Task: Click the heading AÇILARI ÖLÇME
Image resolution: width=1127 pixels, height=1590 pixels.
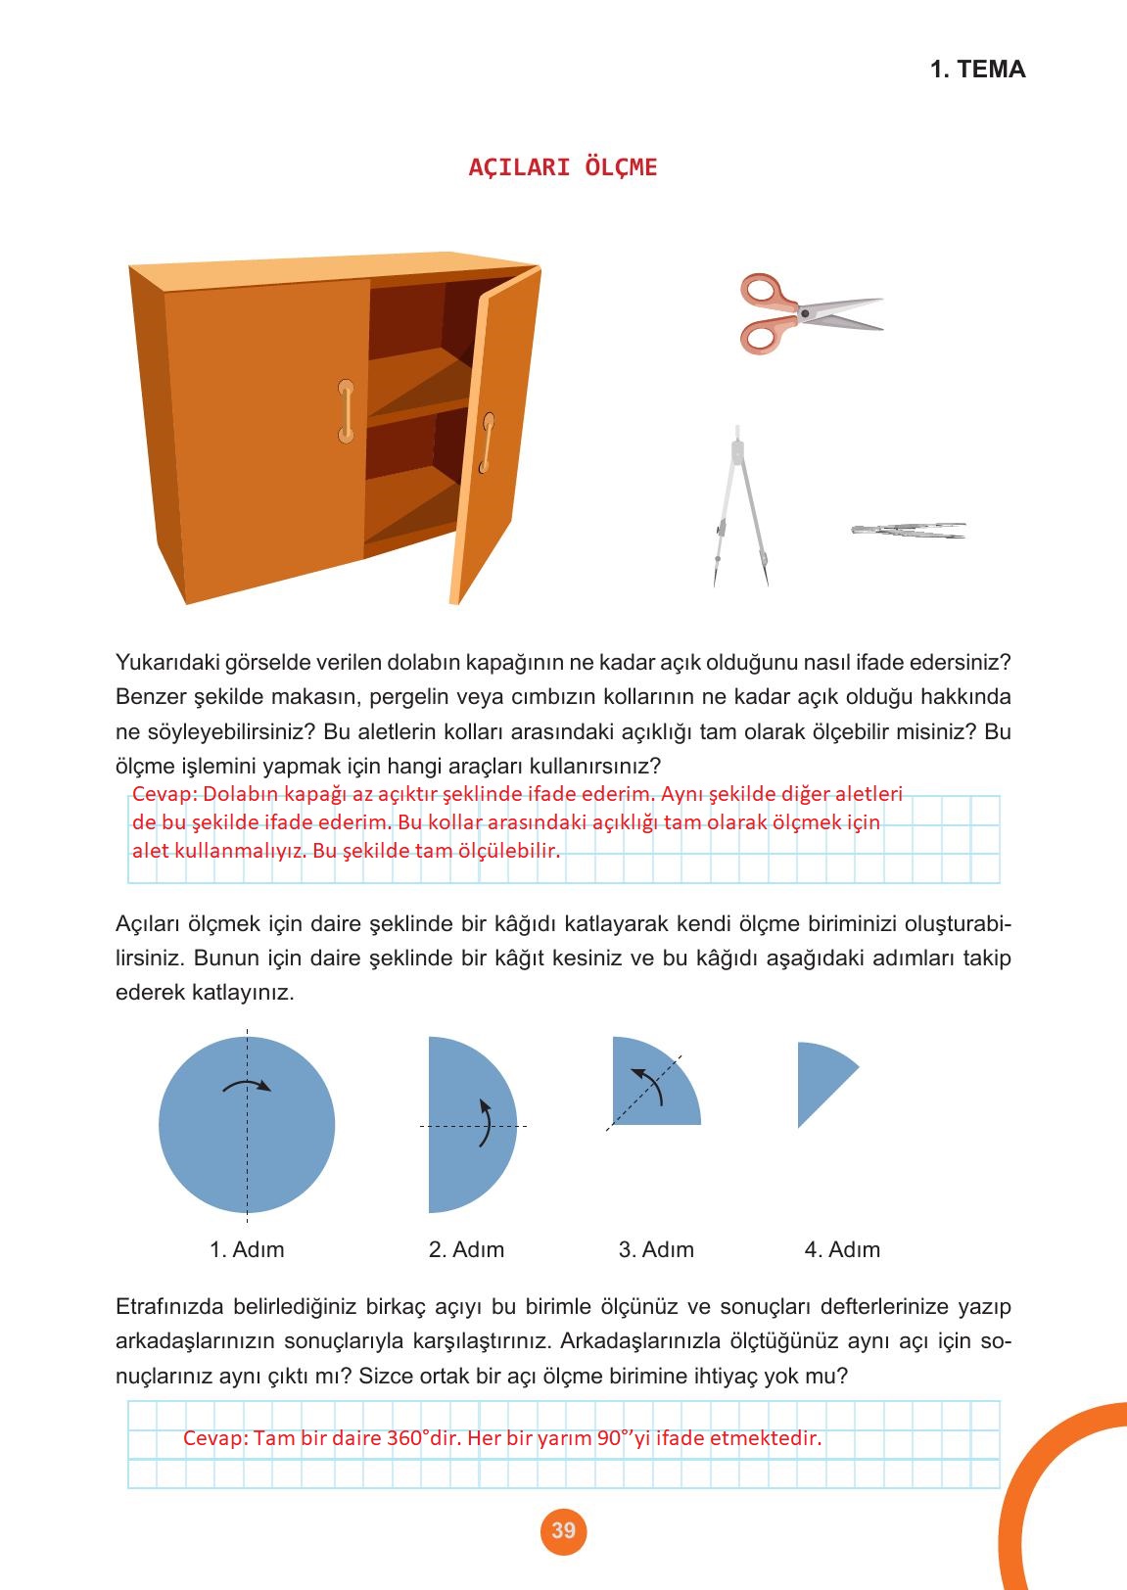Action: [x=563, y=167]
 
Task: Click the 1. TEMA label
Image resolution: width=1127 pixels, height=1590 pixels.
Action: [x=977, y=70]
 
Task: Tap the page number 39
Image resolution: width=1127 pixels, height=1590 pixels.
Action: [x=563, y=1530]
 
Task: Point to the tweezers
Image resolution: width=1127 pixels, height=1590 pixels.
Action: [x=908, y=531]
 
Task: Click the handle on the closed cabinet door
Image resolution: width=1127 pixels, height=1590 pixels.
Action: [x=346, y=410]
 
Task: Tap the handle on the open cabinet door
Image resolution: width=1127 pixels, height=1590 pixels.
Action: [x=487, y=444]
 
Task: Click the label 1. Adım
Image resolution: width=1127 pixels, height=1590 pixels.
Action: [x=247, y=1250]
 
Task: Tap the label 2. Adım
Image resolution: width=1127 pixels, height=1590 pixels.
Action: [x=466, y=1250]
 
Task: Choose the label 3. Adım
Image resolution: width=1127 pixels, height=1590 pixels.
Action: [x=656, y=1250]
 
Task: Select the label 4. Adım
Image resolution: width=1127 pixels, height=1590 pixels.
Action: [x=842, y=1250]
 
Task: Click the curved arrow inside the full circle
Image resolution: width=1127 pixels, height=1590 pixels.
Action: [x=247, y=1085]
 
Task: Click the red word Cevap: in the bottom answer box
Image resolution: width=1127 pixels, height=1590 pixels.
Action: [x=214, y=1439]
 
